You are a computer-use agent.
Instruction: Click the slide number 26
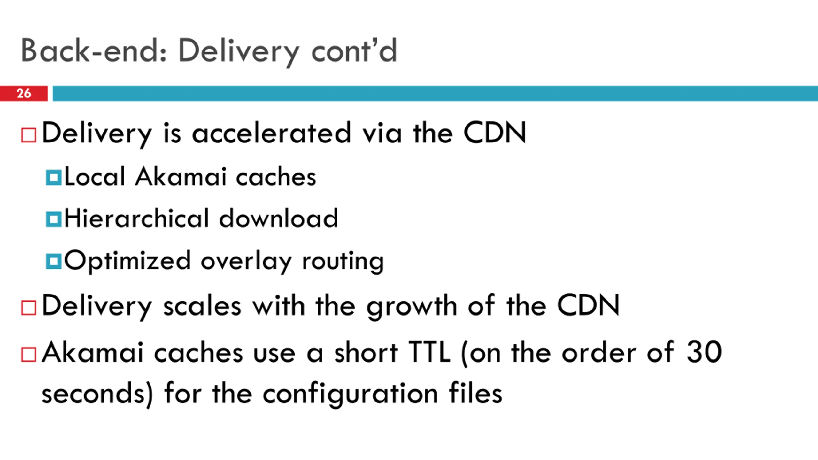24,93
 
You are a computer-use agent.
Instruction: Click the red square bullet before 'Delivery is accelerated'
28,135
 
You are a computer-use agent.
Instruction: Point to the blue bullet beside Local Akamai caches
53,178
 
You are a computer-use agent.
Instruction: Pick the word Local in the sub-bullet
95,177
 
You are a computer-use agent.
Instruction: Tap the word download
278,218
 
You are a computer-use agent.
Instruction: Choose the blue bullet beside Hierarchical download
53,219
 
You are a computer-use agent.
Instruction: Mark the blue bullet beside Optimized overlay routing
53,261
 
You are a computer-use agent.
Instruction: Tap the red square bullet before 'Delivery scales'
28,308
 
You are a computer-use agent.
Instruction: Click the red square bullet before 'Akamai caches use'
28,355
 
